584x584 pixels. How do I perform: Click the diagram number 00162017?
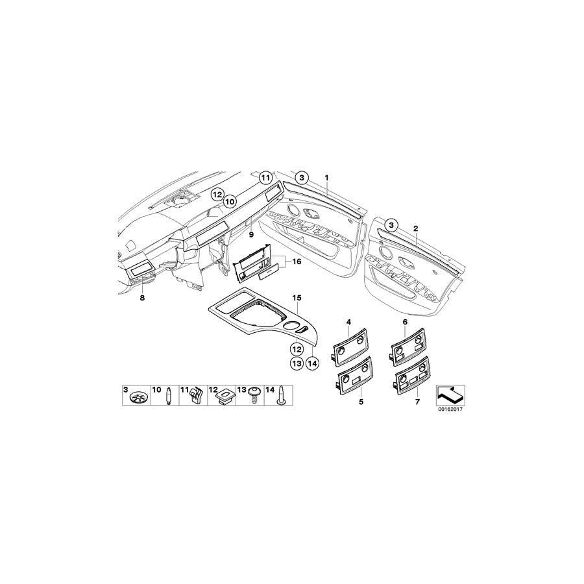453,410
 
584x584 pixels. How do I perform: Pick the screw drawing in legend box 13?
255,395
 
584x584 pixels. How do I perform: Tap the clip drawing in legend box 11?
195,396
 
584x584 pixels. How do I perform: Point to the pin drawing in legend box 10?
168,395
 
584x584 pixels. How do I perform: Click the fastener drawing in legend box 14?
283,396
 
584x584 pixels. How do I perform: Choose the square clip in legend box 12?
225,396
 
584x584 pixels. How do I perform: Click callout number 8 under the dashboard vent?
141,298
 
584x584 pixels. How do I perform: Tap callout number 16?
297,262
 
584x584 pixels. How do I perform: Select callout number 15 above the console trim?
297,298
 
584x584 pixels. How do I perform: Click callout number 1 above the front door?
326,177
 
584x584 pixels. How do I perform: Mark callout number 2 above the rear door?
415,228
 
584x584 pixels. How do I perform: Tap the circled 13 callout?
297,363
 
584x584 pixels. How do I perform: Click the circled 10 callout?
228,202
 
